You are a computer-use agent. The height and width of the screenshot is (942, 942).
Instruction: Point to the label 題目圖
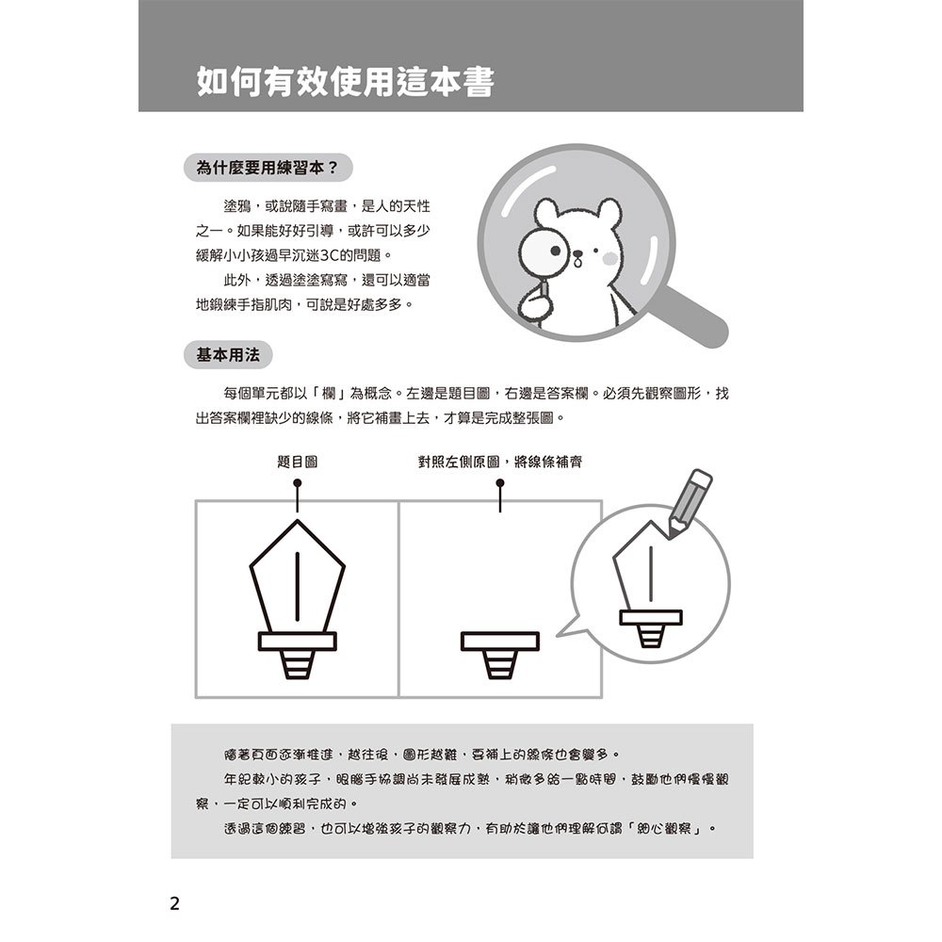coord(298,462)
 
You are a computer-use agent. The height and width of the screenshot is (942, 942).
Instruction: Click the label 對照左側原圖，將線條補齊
coord(499,462)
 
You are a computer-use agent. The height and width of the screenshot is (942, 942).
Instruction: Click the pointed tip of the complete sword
coord(298,520)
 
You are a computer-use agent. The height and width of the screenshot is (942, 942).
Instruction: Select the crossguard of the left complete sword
coord(298,641)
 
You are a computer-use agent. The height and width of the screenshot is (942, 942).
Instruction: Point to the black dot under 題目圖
coord(298,483)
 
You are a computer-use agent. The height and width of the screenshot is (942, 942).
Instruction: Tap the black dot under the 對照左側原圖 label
coord(500,483)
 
